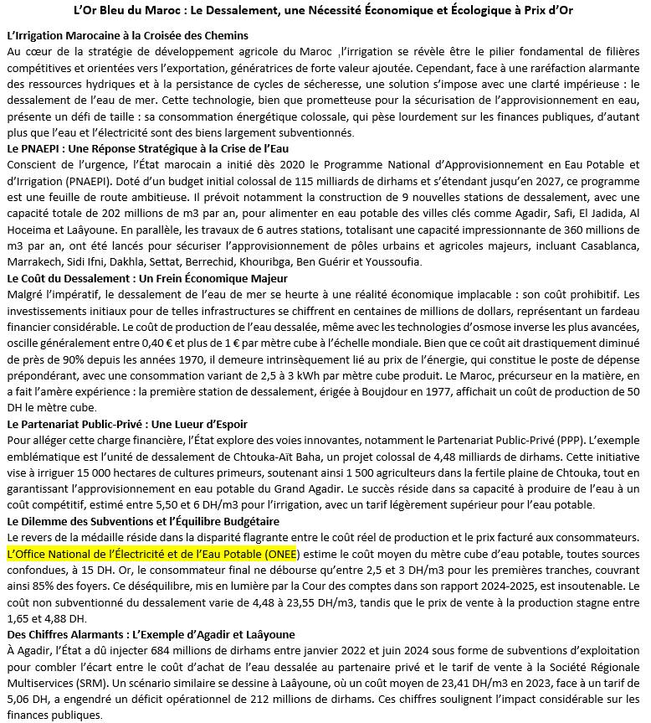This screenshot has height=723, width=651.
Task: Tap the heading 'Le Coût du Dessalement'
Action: [x=146, y=278]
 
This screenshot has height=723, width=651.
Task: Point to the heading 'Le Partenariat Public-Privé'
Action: [x=126, y=424]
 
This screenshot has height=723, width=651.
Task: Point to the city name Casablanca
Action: [x=599, y=245]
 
